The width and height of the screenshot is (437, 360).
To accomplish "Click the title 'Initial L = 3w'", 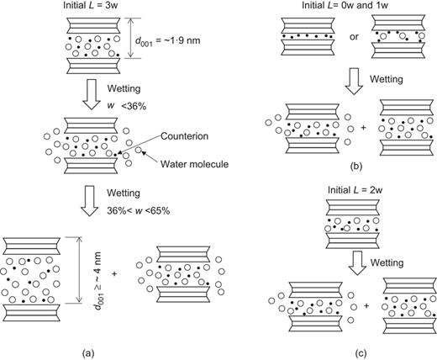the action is (91, 5).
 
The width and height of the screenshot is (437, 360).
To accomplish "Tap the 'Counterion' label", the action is (185, 136).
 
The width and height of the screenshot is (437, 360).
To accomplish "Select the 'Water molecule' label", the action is (194, 164).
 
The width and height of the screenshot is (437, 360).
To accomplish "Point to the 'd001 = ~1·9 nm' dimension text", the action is (168, 40).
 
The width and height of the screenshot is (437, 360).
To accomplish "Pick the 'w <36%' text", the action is (127, 106).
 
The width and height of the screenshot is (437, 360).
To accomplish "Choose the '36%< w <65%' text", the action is (139, 211).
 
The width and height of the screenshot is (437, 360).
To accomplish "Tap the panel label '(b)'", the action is (356, 167).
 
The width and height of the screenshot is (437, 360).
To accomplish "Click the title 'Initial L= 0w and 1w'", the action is (345, 5).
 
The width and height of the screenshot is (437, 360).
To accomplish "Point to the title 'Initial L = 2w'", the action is (355, 190).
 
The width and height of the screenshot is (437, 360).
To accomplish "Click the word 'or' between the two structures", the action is (354, 37).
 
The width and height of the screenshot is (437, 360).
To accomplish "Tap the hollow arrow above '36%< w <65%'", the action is (90, 200).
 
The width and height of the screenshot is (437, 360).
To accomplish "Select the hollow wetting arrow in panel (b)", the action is (354, 81).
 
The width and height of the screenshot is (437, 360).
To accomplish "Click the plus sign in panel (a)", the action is (114, 273).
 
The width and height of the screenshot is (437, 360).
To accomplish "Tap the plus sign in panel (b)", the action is (363, 128).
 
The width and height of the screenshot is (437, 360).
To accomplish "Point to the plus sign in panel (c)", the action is (366, 305).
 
